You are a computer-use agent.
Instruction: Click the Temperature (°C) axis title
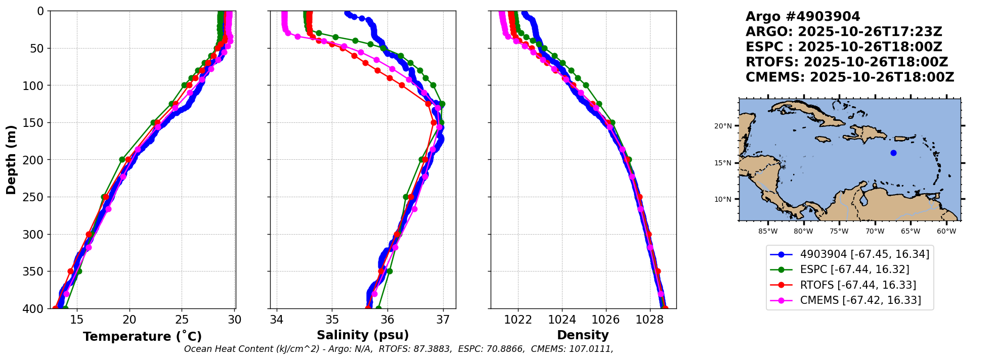pos(142,336)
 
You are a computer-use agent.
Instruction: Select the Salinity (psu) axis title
pos(363,335)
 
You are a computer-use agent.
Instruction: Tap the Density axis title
pos(583,335)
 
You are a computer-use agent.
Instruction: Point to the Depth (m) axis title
pos(11,160)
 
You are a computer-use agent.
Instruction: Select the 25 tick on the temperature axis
pos(182,320)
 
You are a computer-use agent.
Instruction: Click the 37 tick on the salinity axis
pos(443,320)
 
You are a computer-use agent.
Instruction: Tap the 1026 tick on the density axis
pos(605,320)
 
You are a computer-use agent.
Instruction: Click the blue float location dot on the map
pos(893,153)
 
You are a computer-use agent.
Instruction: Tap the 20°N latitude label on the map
pos(723,126)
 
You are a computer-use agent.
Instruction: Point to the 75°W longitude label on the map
pos(839,232)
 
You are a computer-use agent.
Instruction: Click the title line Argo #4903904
pos(802,17)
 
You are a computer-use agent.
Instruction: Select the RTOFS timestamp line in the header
pos(846,62)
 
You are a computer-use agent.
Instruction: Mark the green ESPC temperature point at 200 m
pos(122,160)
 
